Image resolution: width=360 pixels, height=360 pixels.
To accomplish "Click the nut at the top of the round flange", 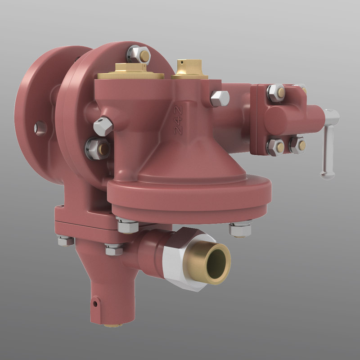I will click(x=138, y=55).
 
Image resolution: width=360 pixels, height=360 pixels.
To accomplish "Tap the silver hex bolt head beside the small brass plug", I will click(x=220, y=98).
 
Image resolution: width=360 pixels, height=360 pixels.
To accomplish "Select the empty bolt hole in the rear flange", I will click(x=40, y=128).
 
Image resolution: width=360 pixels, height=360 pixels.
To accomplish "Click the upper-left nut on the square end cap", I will click(x=275, y=93).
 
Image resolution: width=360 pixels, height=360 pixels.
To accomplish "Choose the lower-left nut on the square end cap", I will click(x=275, y=147).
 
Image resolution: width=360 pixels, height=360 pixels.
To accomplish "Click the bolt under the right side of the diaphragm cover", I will click(x=239, y=229).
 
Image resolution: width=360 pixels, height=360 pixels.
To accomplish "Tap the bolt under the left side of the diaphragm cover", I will click(x=127, y=225).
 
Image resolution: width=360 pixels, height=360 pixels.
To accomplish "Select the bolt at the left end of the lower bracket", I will click(x=66, y=241).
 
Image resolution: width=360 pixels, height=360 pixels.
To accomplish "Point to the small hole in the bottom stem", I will click(x=95, y=303).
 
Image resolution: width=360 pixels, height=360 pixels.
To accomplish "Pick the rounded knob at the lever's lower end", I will click(x=327, y=173).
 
